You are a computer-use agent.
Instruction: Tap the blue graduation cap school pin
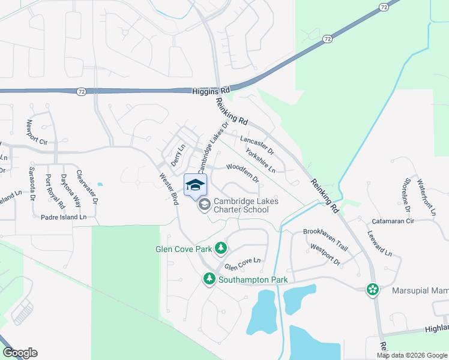coord(194,184)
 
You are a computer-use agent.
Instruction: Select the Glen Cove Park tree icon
coord(221,247)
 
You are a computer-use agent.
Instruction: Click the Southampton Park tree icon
coord(209,279)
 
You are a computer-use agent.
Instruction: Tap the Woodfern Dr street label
coord(243,173)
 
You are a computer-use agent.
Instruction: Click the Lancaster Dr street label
coord(256,145)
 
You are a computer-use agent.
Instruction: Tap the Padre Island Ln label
coord(64,217)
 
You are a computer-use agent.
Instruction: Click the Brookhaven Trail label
coord(325,239)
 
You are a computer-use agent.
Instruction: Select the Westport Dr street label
coord(325,254)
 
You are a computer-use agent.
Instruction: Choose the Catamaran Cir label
coord(393,221)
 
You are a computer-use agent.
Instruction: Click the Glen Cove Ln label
coord(242,263)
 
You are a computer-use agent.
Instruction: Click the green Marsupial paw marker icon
coord(373,290)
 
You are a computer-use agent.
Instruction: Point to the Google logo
coord(20,353)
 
